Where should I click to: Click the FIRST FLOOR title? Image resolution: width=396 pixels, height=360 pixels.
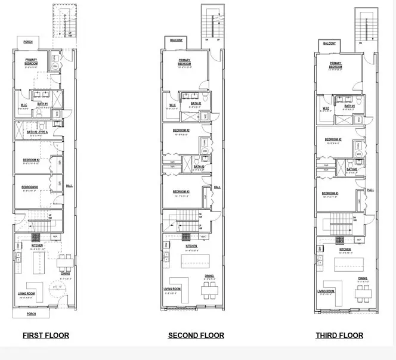(46, 336)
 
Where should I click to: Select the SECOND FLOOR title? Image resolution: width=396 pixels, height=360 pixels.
(196, 336)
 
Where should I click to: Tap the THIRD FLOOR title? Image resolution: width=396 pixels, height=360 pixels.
(339, 336)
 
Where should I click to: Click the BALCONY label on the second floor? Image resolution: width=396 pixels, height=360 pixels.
(177, 41)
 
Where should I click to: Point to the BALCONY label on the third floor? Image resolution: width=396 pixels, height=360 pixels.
(329, 44)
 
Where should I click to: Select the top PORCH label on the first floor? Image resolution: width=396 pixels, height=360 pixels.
(28, 42)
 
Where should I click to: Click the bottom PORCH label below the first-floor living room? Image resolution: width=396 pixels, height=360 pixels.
(30, 314)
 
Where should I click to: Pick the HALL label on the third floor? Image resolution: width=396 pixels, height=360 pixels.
(370, 190)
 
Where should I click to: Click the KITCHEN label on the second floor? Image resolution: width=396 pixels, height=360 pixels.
(191, 246)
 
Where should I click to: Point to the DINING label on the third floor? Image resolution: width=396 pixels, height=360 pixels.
(363, 278)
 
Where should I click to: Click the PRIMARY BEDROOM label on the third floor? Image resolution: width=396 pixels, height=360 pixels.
(335, 65)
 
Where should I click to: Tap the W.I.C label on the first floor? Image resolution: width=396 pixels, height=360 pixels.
(23, 104)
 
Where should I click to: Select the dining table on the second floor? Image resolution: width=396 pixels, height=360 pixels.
(209, 290)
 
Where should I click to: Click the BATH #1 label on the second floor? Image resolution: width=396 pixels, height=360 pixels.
(196, 103)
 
